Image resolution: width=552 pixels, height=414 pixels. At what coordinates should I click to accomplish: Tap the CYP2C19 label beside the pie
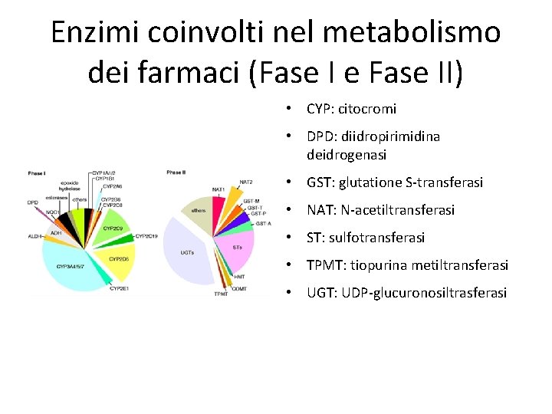146,236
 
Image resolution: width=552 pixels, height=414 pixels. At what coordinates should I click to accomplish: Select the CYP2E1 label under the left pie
119,288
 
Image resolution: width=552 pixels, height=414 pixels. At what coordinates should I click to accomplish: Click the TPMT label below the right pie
221,294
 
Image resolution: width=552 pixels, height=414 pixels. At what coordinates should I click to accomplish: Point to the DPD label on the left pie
33,202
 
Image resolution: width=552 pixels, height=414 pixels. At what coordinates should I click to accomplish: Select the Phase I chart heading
37,173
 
